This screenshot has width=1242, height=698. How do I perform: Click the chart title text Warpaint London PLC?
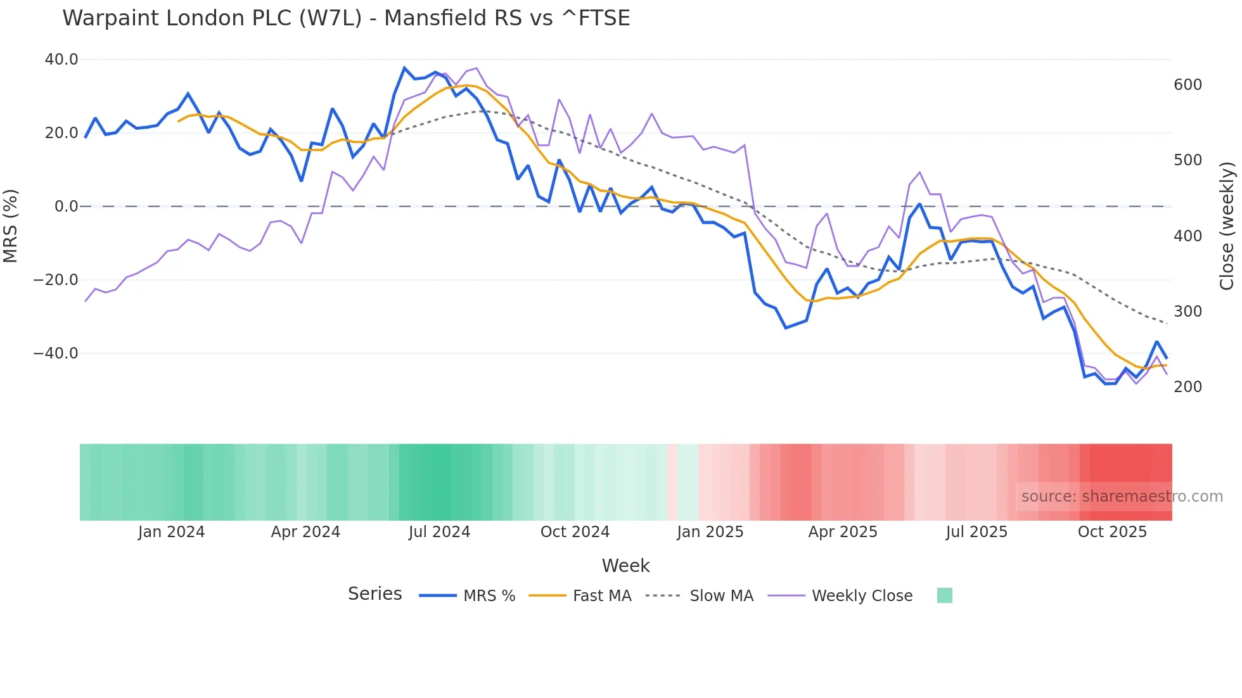(346, 18)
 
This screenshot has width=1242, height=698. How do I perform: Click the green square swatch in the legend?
(944, 595)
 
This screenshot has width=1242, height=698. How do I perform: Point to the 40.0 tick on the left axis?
(61, 60)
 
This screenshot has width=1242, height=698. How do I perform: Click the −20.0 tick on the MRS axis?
(56, 280)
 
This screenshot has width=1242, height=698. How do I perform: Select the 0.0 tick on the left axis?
(66, 206)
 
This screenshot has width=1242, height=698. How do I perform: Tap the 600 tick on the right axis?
(1188, 85)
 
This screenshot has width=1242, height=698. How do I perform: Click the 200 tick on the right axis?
(1188, 387)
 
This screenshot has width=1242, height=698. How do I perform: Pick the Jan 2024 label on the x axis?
(171, 532)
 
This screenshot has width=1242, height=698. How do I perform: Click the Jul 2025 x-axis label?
(976, 532)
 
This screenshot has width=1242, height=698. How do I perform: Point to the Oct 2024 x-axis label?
(575, 532)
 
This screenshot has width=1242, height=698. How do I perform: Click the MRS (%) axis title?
(11, 226)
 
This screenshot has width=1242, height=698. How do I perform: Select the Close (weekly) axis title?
(1227, 226)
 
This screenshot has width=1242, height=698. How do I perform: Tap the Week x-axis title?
(625, 566)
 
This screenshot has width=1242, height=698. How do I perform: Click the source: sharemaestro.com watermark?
(1122, 497)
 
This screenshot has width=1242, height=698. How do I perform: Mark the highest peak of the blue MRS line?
(404, 68)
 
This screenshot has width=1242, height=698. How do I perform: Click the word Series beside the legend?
(375, 594)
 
